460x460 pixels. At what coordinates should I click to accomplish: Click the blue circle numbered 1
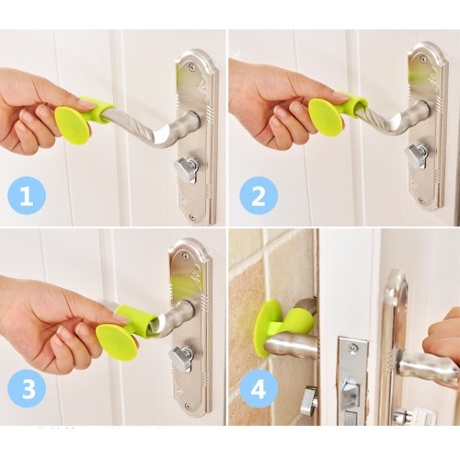point(27,196)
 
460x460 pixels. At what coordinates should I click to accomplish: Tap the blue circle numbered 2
point(259,196)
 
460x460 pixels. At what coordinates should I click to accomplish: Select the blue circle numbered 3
point(27,388)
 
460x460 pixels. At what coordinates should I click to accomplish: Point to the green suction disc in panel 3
point(117,342)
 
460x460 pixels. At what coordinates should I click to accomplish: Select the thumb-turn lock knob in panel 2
point(417,155)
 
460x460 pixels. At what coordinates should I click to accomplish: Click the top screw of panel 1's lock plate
point(191,65)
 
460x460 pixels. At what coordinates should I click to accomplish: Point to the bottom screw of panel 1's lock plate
point(192,217)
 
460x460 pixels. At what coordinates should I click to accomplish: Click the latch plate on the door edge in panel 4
point(352,380)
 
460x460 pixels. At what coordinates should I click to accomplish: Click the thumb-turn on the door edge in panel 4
point(309,399)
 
